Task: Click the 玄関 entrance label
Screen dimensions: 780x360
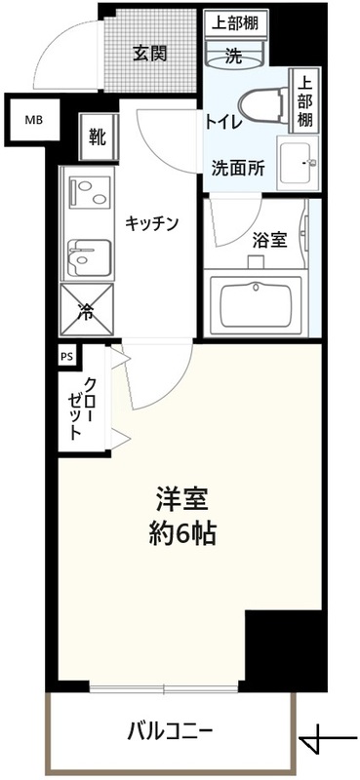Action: (150, 54)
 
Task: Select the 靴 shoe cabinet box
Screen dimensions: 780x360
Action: (98, 136)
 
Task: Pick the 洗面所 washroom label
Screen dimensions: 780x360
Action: (238, 167)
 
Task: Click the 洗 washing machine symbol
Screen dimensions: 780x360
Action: (235, 57)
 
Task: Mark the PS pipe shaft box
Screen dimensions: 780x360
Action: (67, 357)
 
